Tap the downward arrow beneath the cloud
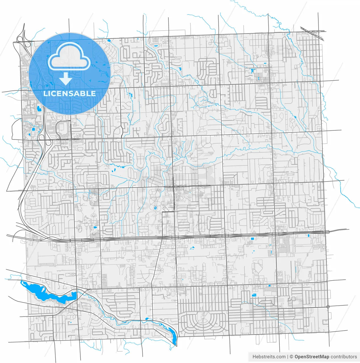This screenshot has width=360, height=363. [66, 79]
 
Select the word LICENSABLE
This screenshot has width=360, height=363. [70, 93]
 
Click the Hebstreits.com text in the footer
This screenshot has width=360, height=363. [269, 357]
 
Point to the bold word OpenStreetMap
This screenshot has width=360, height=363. [312, 357]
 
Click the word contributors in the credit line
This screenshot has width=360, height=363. [344, 357]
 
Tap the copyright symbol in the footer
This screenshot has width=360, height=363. [291, 357]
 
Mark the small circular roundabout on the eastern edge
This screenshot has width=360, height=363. [328, 307]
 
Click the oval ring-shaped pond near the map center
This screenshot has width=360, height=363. [155, 208]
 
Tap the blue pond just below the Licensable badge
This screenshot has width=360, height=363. [39, 108]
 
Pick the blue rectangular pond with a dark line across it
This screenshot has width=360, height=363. [254, 295]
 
